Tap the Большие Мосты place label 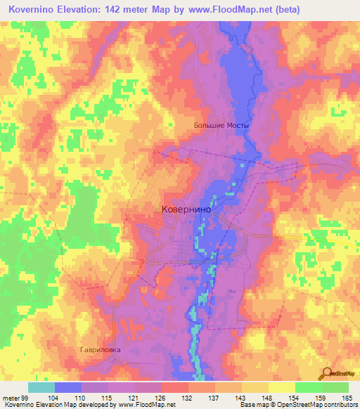221,126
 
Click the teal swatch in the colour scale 41,387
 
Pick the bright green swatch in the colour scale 308,387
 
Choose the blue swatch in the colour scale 67,387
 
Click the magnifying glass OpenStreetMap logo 327,372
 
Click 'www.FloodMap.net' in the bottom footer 144,405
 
